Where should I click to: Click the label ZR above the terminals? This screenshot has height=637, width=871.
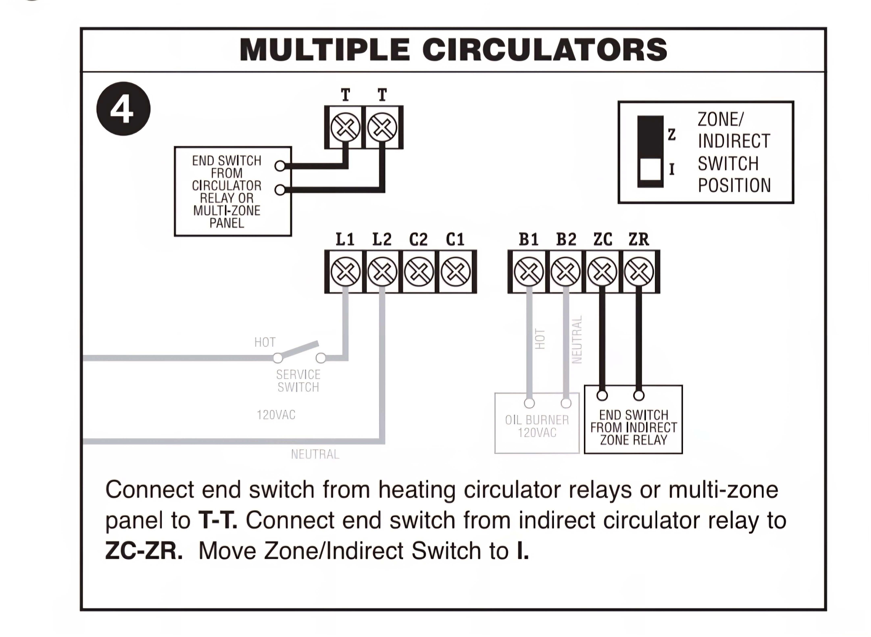click(x=639, y=239)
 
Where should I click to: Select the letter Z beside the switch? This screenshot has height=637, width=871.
click(x=672, y=134)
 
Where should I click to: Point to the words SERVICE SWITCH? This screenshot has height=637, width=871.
click(x=298, y=381)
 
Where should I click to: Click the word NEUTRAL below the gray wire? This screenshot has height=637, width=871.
click(x=315, y=454)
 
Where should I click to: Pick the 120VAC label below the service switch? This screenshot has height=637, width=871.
click(x=276, y=415)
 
